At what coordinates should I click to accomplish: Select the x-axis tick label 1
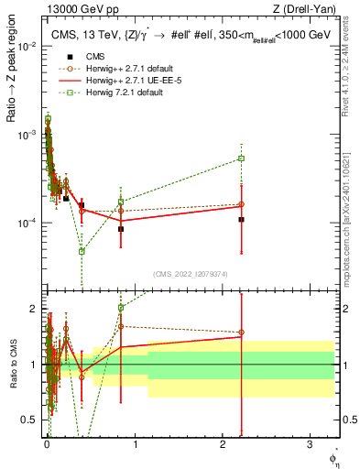pyautogui.click(x=134, y=444)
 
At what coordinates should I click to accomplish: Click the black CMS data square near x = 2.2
pyautogui.click(x=241, y=220)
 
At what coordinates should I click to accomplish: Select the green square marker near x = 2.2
pyautogui.click(x=241, y=158)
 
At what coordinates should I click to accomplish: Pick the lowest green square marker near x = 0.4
pyautogui.click(x=82, y=251)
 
